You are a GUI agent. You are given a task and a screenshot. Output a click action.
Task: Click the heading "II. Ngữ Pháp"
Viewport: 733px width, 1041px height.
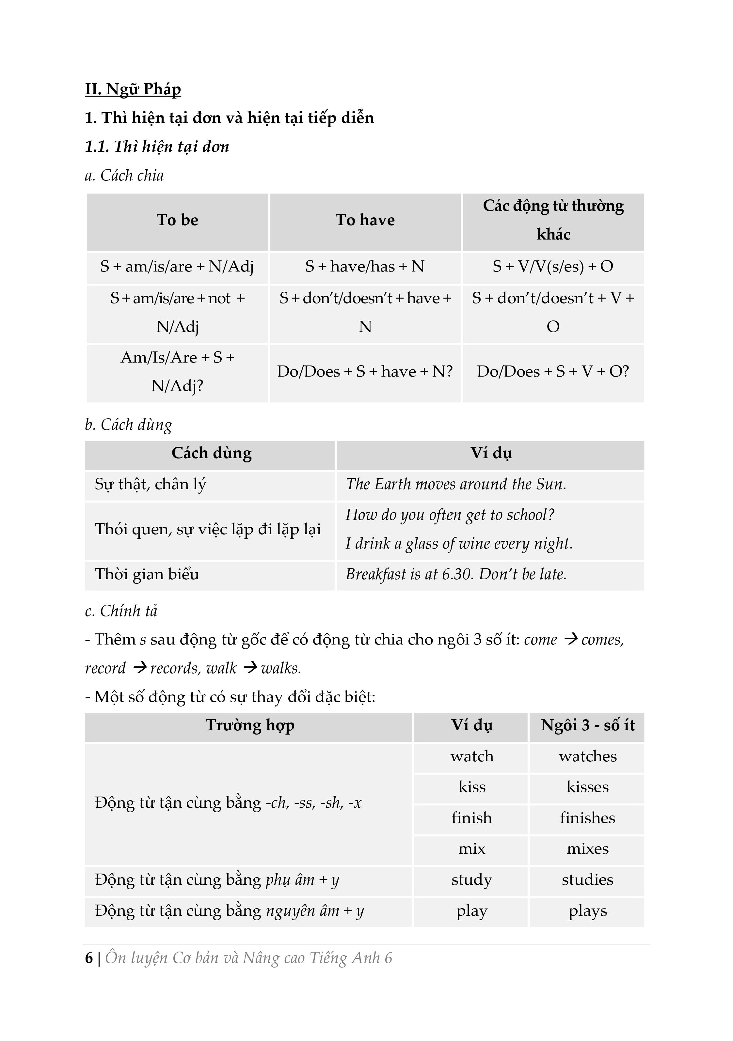(x=133, y=89)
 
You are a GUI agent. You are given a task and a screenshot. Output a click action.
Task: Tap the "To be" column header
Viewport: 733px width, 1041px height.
(x=177, y=220)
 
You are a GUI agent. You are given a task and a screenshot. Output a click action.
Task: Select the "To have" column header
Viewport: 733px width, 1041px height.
(x=365, y=220)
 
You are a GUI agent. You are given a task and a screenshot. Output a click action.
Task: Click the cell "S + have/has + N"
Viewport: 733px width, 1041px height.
(x=365, y=267)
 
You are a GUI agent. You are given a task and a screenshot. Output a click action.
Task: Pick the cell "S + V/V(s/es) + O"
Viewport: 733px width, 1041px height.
(x=553, y=267)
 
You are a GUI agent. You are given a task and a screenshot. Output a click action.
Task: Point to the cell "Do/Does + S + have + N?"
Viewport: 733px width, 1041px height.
(x=365, y=372)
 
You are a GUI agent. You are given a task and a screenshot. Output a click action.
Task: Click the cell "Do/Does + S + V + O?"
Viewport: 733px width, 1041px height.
(x=553, y=372)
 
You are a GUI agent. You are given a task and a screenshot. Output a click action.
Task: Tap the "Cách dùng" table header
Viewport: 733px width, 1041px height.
(x=211, y=453)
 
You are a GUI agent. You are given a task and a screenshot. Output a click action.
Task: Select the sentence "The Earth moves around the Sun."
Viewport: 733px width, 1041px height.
(x=456, y=484)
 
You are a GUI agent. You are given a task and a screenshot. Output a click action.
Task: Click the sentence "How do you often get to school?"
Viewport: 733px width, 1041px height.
(x=450, y=515)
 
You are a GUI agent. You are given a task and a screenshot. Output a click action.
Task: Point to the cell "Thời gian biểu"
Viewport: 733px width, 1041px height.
(x=147, y=574)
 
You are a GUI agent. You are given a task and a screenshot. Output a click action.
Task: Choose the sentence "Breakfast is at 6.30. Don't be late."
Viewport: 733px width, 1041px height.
(x=456, y=574)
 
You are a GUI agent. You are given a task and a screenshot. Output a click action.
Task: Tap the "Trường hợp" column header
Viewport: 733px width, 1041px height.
(x=250, y=725)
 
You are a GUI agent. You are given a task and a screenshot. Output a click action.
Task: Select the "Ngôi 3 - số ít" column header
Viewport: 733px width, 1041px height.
(x=587, y=725)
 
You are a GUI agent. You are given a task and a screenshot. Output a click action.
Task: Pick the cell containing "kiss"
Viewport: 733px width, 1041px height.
(x=472, y=787)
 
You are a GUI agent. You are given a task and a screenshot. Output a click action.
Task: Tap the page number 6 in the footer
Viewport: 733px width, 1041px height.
(x=89, y=958)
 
